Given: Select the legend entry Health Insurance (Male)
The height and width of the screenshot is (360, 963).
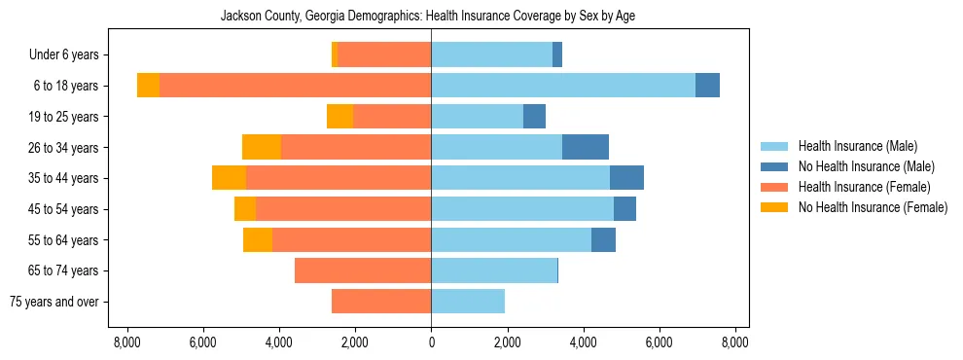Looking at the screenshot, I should tap(857, 147).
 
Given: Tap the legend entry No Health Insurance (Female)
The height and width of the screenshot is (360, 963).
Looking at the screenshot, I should tap(873, 207).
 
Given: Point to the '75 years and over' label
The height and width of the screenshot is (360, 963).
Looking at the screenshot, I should tap(54, 302).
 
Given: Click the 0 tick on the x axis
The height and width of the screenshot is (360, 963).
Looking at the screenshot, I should tap(431, 342).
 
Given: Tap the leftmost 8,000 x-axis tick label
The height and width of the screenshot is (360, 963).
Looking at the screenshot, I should tap(127, 342).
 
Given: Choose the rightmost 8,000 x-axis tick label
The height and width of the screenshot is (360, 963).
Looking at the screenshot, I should tap(734, 342).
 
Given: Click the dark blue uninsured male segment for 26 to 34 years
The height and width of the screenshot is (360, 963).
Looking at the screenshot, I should tap(586, 147).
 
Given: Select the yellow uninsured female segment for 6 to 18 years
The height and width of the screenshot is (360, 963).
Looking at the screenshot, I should tap(148, 86).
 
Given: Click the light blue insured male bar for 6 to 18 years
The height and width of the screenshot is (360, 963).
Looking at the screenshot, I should tap(563, 86).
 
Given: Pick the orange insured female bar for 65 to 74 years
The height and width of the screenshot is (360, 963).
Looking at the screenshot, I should tap(363, 270).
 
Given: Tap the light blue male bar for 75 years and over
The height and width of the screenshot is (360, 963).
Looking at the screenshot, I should tap(468, 302).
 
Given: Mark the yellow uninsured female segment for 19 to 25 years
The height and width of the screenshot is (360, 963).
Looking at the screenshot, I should tap(339, 117).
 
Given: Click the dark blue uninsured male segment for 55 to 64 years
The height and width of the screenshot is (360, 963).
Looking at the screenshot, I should tap(603, 239).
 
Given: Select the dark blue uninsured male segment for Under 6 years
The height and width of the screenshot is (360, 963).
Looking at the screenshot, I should tap(557, 54).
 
